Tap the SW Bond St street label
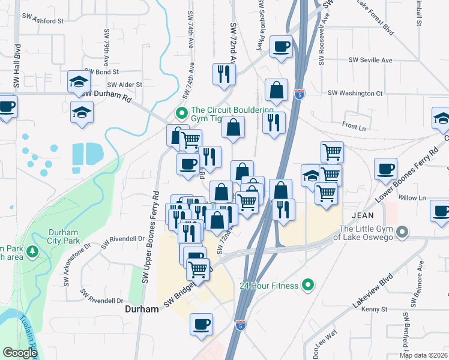(98, 72)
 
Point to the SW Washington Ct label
(355, 94)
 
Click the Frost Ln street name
(354, 127)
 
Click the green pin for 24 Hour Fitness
(309, 285)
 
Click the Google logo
(20, 353)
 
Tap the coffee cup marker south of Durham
(201, 324)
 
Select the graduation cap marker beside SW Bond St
(79, 82)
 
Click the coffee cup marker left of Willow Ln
(385, 169)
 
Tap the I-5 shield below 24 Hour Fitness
(240, 325)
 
